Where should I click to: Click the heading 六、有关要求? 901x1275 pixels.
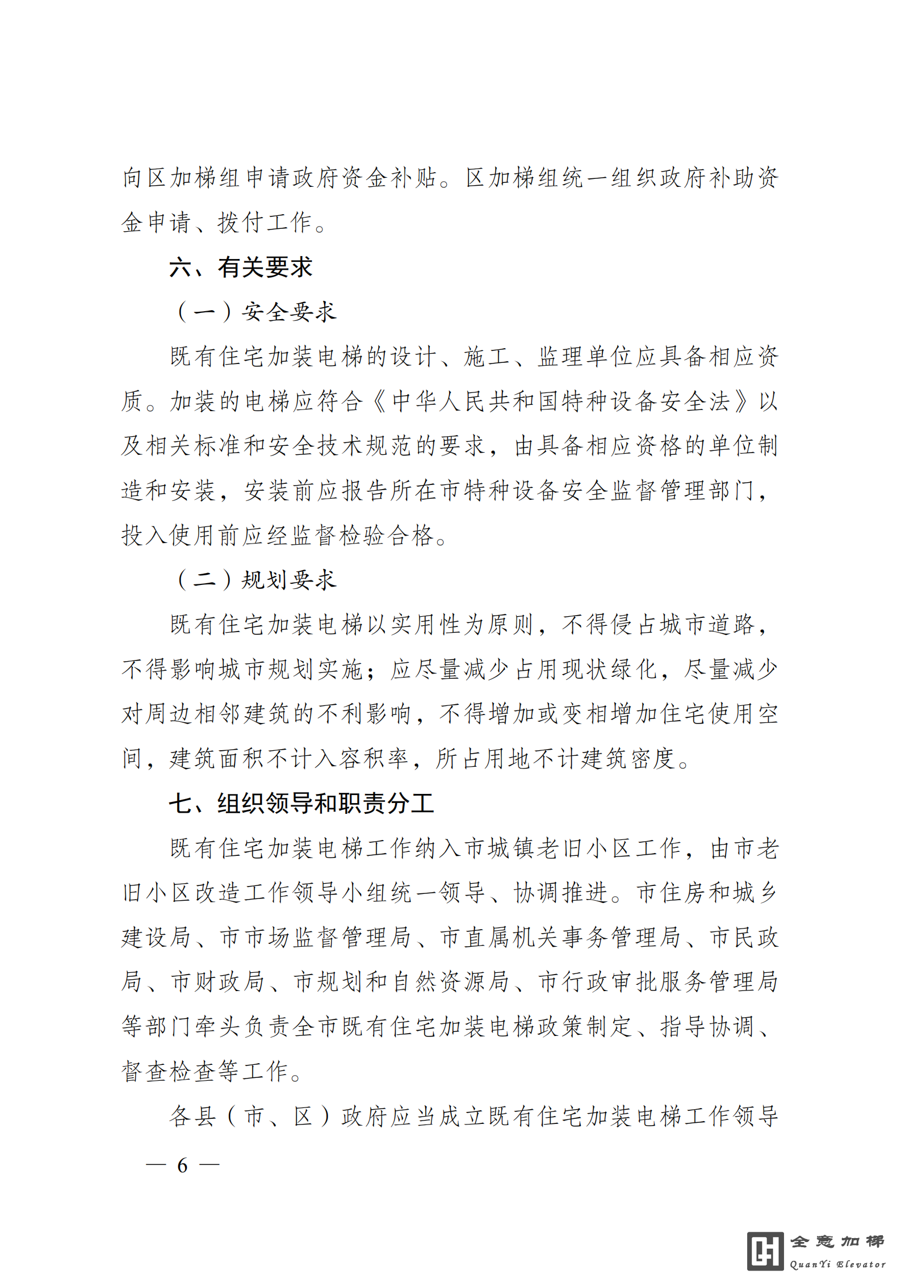coord(241,267)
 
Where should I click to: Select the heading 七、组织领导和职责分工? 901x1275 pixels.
coord(301,803)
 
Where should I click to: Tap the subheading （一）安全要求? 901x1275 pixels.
coord(257,311)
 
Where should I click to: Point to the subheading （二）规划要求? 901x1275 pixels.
coord(257,579)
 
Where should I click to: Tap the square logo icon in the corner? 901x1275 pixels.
coord(765,1251)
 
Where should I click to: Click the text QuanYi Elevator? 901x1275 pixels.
coord(837,1264)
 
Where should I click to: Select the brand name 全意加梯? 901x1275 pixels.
coord(837,1241)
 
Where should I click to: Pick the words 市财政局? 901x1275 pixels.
coord(218,981)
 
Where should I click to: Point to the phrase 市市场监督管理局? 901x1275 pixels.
coord(315,937)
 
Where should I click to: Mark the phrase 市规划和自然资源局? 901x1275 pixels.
coord(401,981)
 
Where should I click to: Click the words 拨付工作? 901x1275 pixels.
coord(265,222)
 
